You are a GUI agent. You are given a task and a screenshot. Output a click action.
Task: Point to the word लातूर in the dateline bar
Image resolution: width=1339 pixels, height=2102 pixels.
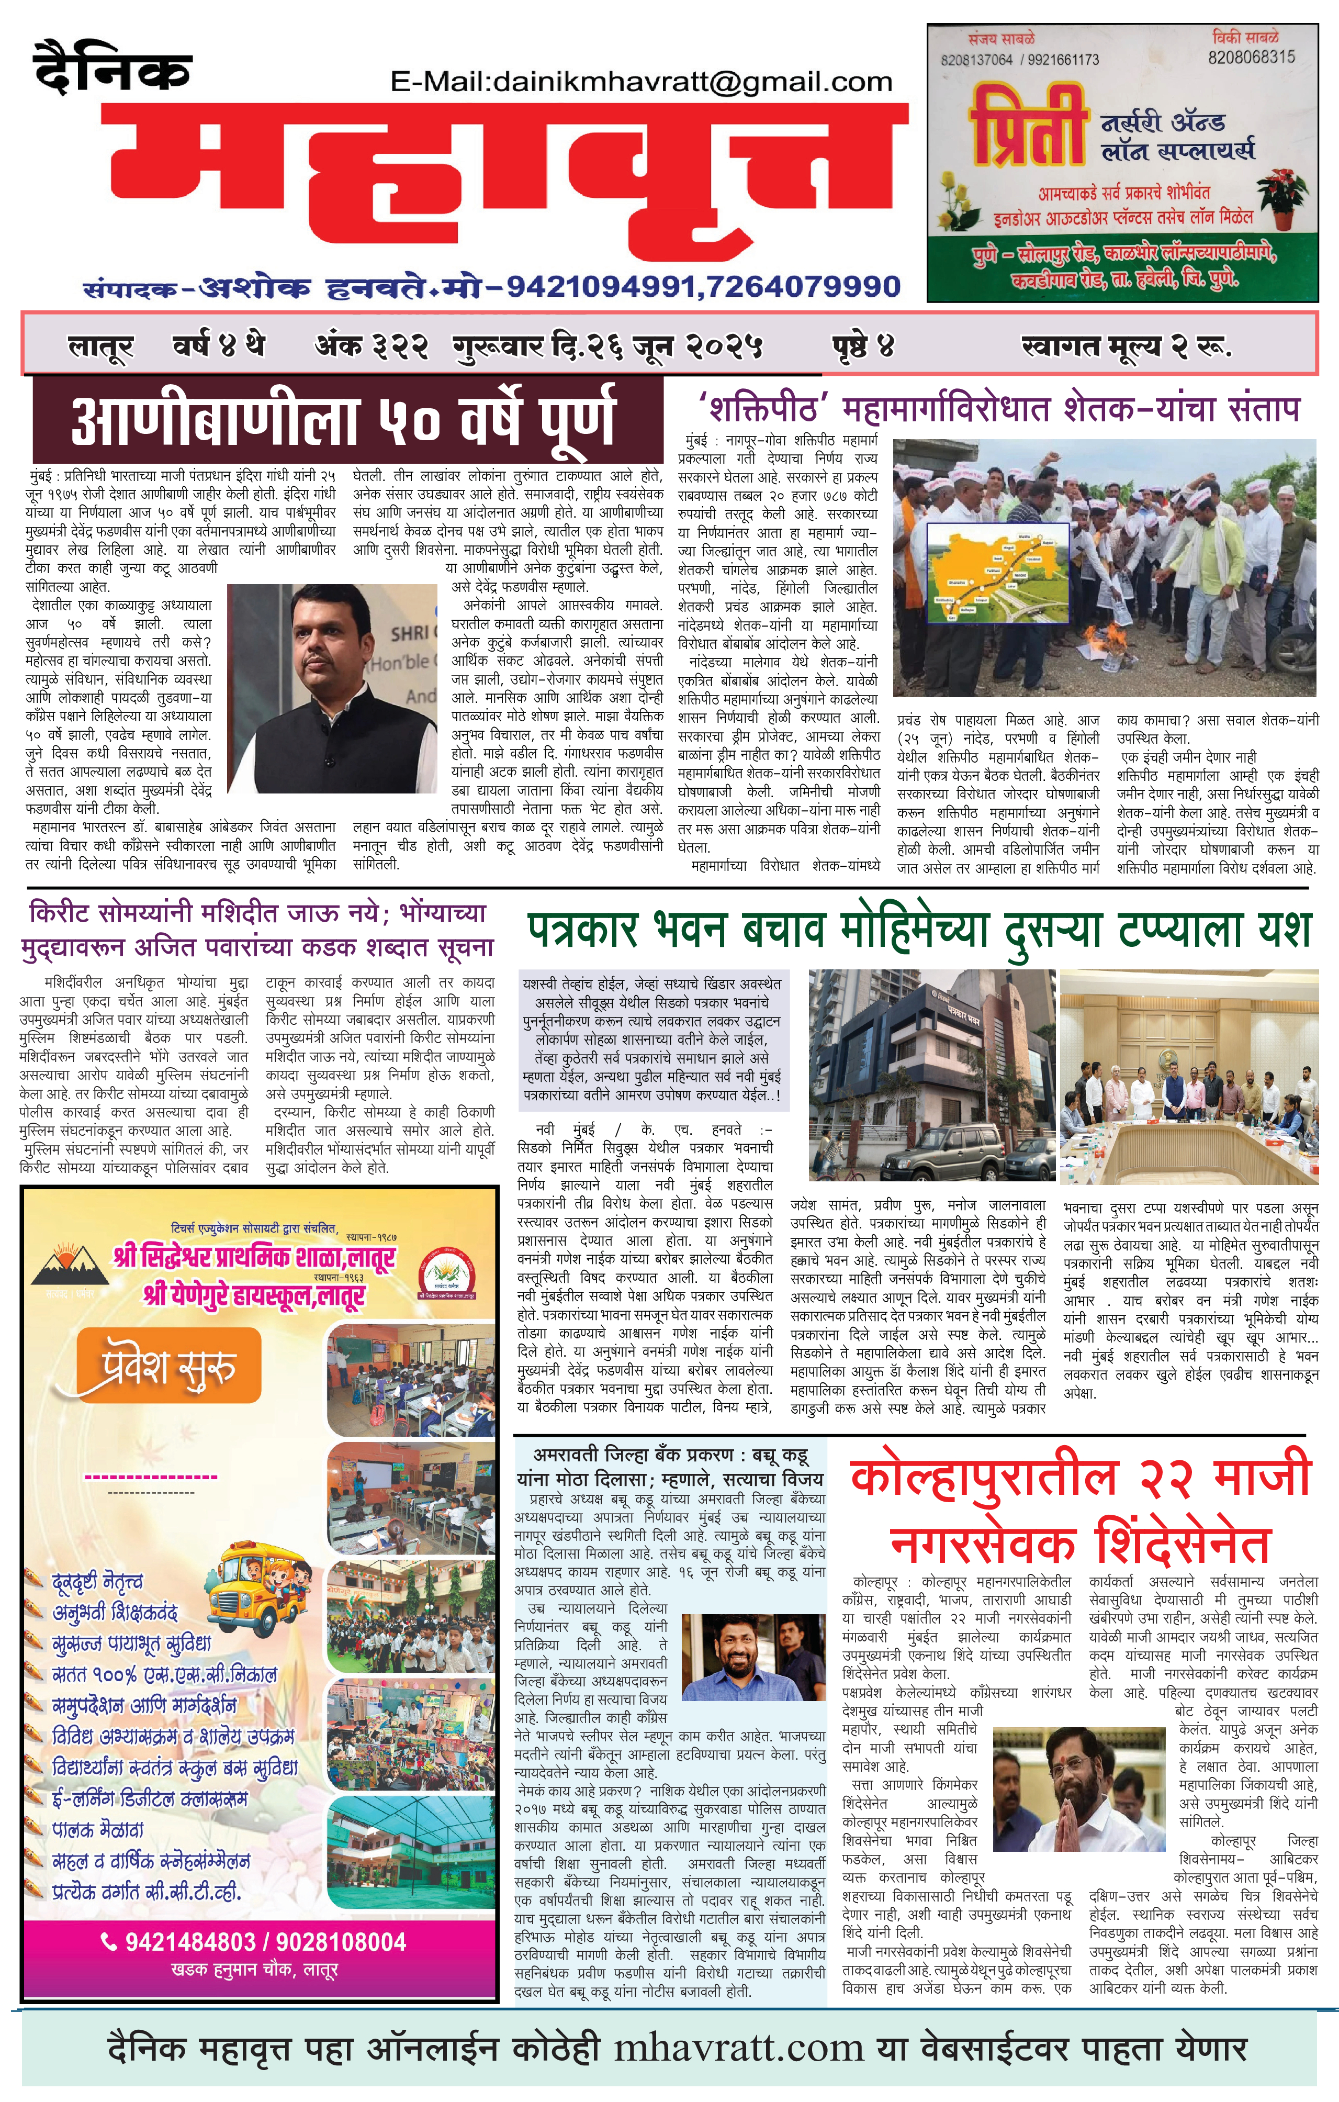point(100,346)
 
